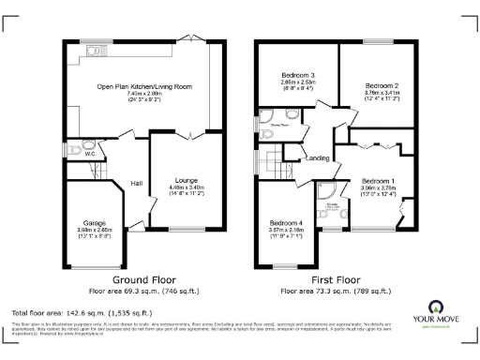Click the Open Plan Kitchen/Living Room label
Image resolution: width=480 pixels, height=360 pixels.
pyautogui.click(x=144, y=86)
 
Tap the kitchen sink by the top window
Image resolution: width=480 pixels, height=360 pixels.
pyautogui.click(x=94, y=49)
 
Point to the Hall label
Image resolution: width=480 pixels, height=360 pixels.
pyautogui.click(x=136, y=183)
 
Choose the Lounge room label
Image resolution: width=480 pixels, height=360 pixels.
pyautogui.click(x=184, y=180)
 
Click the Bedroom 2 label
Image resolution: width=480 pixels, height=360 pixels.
pyautogui.click(x=381, y=86)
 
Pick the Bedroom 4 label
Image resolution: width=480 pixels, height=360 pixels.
pyautogui.click(x=289, y=220)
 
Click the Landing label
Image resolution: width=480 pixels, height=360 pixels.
pyautogui.click(x=317, y=158)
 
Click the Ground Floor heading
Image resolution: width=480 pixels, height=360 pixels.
pyautogui.click(x=144, y=280)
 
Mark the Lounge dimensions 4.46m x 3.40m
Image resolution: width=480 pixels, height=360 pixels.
pyautogui.click(x=184, y=188)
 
